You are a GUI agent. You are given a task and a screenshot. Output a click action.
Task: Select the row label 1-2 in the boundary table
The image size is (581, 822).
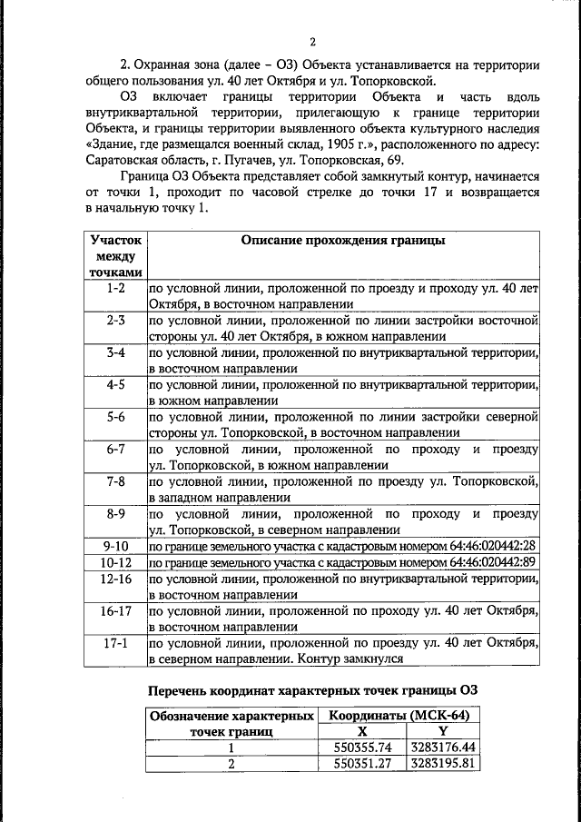(115, 288)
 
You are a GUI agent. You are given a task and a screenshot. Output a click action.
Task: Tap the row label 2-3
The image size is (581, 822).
(115, 321)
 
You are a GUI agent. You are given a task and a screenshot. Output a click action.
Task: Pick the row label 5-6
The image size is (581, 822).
(115, 419)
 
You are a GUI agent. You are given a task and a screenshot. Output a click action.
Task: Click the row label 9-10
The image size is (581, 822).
(115, 545)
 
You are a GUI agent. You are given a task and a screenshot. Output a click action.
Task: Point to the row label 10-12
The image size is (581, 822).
(115, 561)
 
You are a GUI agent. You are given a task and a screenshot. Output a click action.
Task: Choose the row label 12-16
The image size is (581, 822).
(115, 578)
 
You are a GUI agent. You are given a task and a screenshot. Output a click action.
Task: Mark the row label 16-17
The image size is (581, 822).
(115, 610)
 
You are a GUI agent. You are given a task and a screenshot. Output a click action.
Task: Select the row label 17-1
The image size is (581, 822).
(115, 643)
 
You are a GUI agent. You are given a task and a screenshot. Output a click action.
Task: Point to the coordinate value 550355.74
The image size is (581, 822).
(362, 748)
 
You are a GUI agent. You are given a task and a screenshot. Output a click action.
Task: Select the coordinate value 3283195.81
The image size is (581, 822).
(443, 764)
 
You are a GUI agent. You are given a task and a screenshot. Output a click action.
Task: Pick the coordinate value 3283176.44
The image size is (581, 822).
(443, 748)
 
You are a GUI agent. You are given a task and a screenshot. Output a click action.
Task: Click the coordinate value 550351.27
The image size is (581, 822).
(362, 764)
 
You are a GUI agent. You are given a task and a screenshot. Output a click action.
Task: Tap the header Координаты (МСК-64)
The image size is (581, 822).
(399, 716)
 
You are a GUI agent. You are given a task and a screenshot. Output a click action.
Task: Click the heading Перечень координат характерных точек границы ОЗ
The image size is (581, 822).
(312, 690)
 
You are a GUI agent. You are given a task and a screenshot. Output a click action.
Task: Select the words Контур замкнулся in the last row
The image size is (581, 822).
(349, 659)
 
